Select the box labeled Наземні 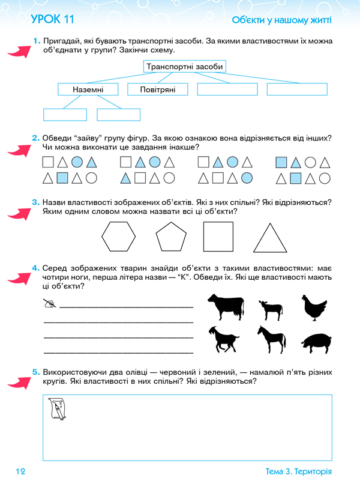89,89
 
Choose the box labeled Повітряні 157,89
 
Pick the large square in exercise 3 219,236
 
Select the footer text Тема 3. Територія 298,471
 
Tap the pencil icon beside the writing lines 50,304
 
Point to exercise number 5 36,372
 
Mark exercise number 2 36,139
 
